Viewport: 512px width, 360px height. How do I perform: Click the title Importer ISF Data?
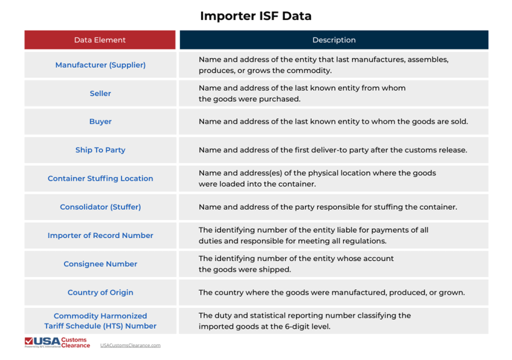(255, 16)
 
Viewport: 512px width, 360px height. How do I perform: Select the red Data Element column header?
(100, 40)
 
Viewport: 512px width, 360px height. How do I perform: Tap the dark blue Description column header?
(334, 40)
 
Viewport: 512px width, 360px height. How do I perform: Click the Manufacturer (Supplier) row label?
(100, 65)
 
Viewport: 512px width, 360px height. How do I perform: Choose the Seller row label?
(100, 93)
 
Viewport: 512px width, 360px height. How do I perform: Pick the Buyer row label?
(100, 121)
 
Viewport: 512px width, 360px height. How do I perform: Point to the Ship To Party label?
(100, 150)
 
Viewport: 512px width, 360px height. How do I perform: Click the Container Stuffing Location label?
(100, 178)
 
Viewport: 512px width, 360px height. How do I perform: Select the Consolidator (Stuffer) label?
(100, 207)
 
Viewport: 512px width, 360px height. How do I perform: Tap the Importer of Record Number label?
(100, 235)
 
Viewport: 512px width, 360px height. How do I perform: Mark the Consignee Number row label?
(100, 264)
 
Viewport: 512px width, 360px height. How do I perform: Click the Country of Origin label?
(100, 292)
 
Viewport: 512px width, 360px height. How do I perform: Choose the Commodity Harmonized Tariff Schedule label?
(100, 321)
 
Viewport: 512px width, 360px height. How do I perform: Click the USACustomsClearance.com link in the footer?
(130, 345)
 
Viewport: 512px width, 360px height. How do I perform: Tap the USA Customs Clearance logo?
(57, 342)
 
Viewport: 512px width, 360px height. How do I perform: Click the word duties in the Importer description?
(210, 241)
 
